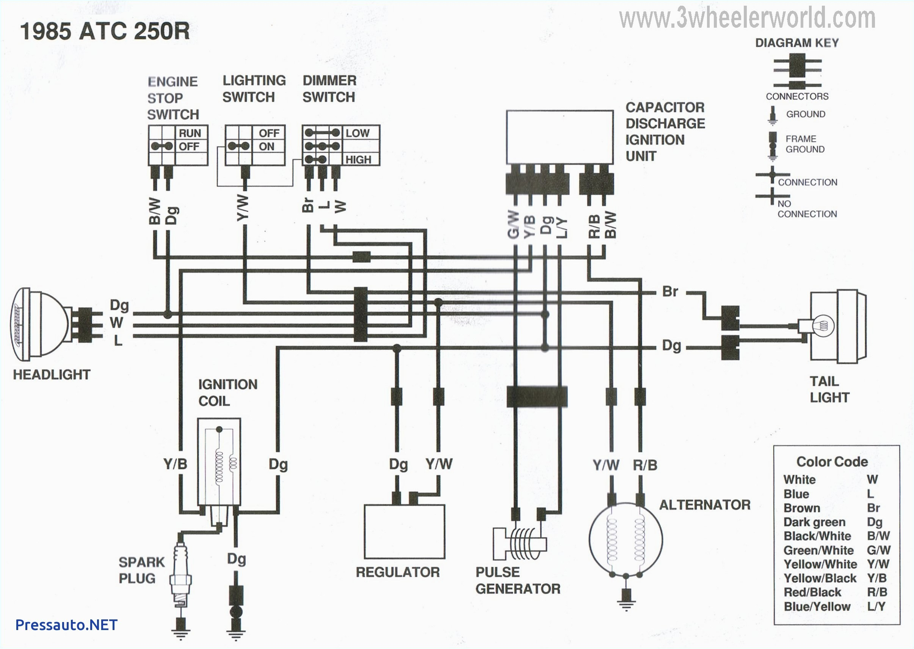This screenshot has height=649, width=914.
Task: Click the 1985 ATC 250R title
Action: point(105,31)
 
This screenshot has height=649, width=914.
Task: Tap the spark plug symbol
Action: point(180,575)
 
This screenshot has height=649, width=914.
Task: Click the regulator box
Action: point(404,531)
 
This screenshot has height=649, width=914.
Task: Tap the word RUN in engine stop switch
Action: point(190,133)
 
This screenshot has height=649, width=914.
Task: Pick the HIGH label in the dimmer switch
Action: point(358,160)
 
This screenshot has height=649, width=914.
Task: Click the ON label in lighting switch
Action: point(267,147)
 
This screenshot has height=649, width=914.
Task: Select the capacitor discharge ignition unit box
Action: point(560,137)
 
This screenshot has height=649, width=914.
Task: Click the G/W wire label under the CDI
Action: point(514,225)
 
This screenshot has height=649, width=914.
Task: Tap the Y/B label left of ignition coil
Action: point(175,464)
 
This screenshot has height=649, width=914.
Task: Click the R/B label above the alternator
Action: point(645,465)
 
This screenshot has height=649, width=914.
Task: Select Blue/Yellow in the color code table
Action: point(817,606)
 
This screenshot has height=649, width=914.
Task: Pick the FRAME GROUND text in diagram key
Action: point(804,144)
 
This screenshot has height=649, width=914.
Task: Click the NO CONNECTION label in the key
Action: point(807,209)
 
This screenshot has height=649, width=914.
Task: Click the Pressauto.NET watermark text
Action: point(66,625)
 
